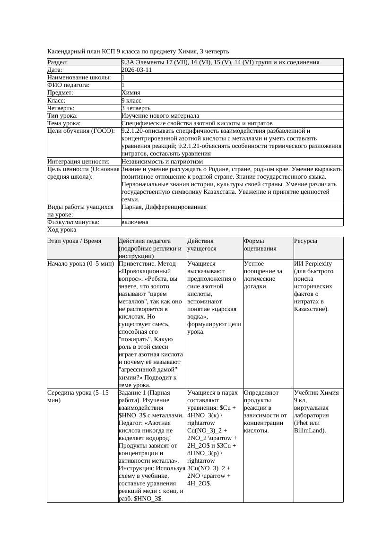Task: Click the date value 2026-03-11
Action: pyautogui.click(x=137, y=70)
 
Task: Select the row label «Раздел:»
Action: pyautogui.click(x=58, y=62)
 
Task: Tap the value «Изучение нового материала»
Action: pyautogui.click(x=160, y=116)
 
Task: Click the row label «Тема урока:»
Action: pyautogui.click(x=64, y=123)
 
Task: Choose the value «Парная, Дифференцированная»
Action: pyautogui.click(x=164, y=207)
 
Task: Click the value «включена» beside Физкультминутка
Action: pyautogui.click(x=135, y=222)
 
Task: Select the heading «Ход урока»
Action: pyautogui.click(x=62, y=230)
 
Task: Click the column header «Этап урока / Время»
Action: pyautogui.click(x=74, y=241)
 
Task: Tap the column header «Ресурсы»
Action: pyautogui.click(x=305, y=241)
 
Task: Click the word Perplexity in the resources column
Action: pyautogui.click(x=318, y=264)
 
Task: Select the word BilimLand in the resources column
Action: pyautogui.click(x=309, y=431)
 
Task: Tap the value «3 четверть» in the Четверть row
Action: pyautogui.click(x=136, y=108)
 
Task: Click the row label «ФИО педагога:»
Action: pyautogui.click(x=69, y=85)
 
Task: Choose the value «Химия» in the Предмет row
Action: pyautogui.click(x=130, y=93)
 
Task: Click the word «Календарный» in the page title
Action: pyautogui.click(x=65, y=51)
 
